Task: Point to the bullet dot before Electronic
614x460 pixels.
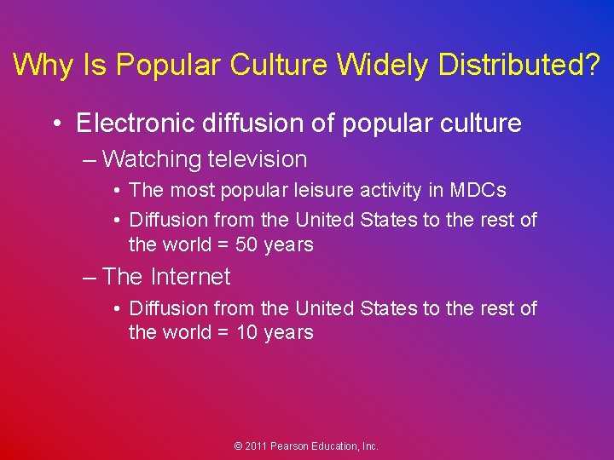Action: pos(57,124)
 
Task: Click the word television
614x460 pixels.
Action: pos(256,159)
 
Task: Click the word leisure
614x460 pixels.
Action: pos(322,191)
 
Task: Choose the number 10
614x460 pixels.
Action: pos(246,333)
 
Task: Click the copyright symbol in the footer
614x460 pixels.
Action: pos(239,446)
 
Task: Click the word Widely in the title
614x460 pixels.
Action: pos(384,65)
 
